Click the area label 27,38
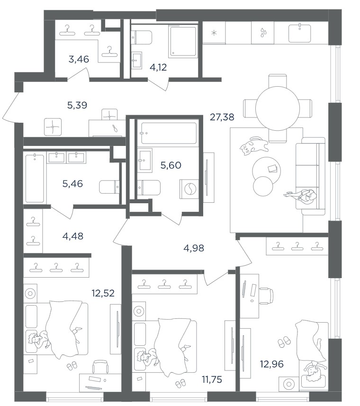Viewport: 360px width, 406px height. [x=222, y=117]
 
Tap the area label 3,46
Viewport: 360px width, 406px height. [x=79, y=59]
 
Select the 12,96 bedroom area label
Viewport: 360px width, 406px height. [x=272, y=364]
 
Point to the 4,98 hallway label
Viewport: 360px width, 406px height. [x=194, y=248]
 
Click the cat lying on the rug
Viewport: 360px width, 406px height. [x=253, y=146]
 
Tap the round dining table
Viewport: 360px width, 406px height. [x=278, y=108]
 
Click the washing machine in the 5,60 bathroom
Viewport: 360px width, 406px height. [x=189, y=189]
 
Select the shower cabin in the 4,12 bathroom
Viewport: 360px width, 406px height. [x=183, y=41]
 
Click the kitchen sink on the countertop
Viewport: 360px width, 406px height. [x=300, y=33]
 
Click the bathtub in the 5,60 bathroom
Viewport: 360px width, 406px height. [x=169, y=133]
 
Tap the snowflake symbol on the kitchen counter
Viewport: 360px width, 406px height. [x=214, y=33]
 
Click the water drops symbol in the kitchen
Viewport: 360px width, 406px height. [x=263, y=32]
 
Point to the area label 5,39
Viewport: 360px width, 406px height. [x=77, y=105]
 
